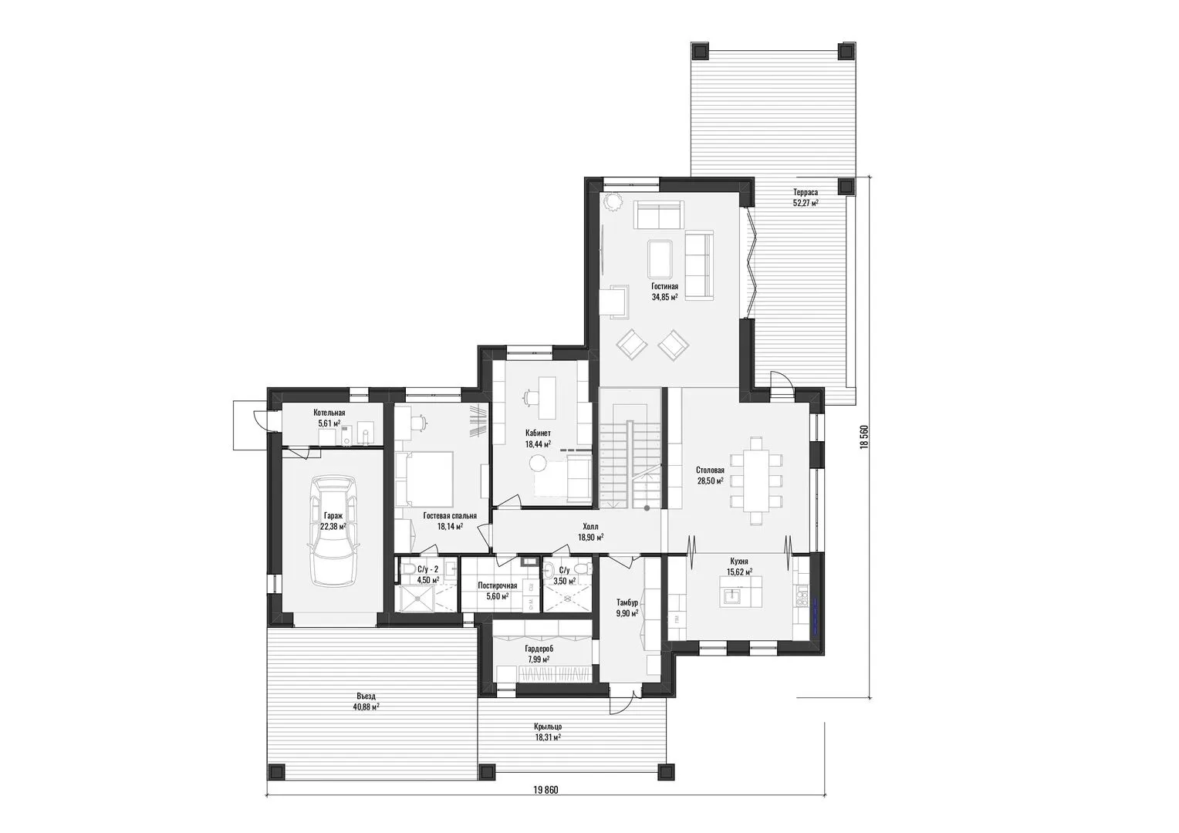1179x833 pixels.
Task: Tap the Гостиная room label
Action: point(664,286)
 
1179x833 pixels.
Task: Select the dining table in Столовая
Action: point(756,481)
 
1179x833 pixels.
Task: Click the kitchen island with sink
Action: point(741,592)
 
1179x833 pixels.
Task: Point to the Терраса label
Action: point(806,193)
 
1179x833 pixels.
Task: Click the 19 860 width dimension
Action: point(546,804)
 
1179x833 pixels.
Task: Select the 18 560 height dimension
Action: point(863,437)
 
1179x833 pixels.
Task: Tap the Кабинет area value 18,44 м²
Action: point(538,443)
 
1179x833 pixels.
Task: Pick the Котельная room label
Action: point(329,413)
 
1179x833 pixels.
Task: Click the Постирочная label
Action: point(498,585)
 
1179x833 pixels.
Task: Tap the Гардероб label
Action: point(539,649)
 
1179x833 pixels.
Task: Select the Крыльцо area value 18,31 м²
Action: point(548,737)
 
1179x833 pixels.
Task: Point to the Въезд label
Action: point(367,696)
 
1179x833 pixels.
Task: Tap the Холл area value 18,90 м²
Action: point(590,538)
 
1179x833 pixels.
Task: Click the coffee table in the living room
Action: point(660,259)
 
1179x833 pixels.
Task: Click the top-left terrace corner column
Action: point(700,51)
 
